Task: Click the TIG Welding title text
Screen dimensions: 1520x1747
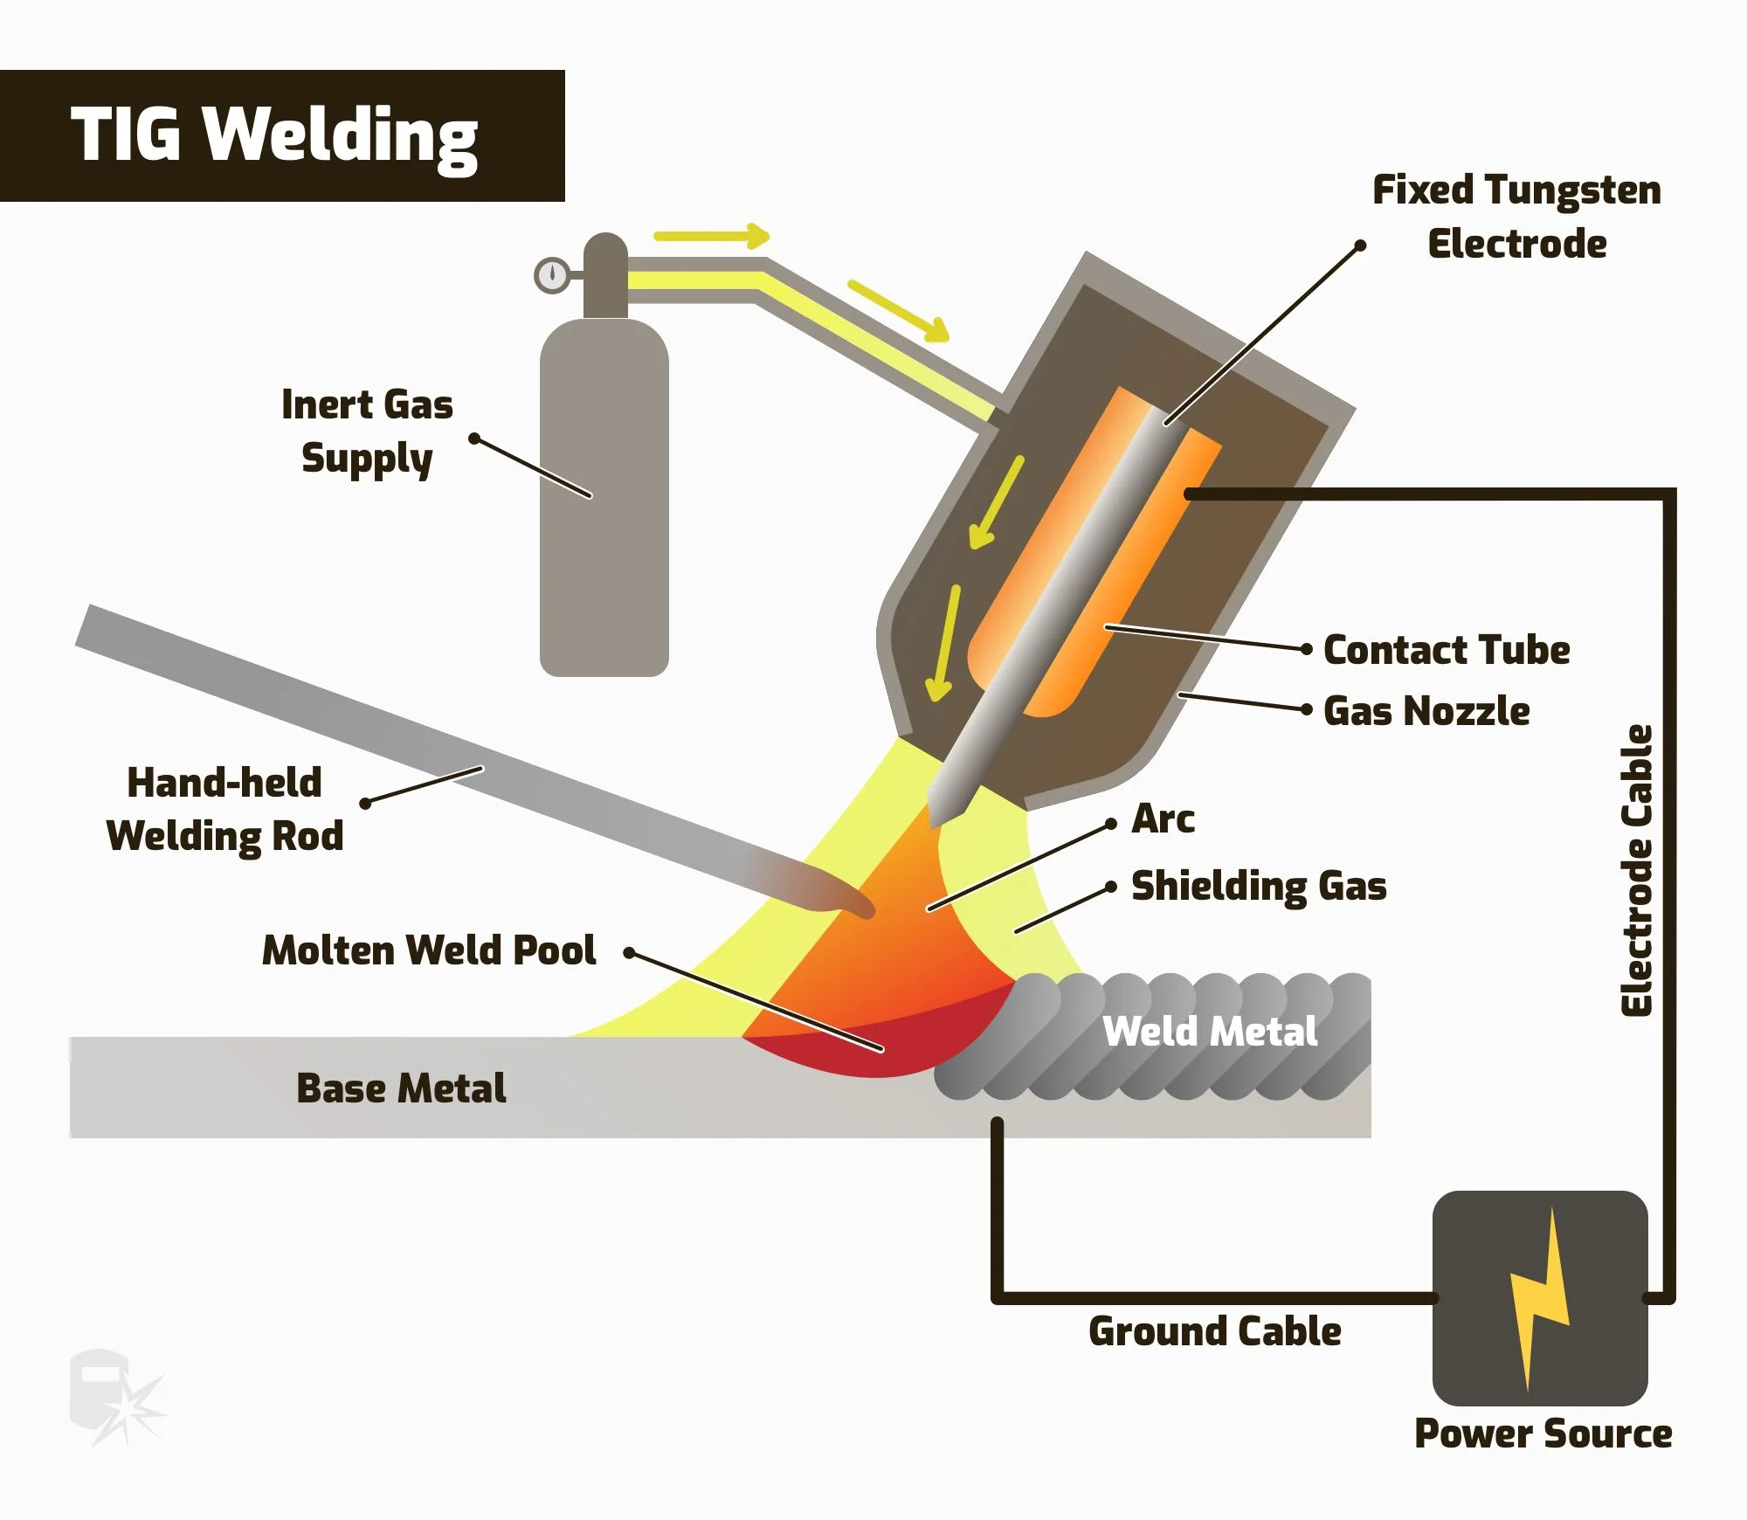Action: tap(274, 135)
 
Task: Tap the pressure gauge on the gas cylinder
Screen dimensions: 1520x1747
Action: tap(552, 275)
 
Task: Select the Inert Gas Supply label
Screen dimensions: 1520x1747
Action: tap(367, 432)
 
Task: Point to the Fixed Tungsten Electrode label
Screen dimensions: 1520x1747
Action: tap(1516, 217)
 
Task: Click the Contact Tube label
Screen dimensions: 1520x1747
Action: tap(1447, 650)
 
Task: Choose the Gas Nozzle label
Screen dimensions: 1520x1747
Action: tap(1426, 711)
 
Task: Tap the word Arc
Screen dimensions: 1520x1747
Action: tap(1163, 819)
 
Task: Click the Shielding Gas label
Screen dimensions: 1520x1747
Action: tap(1259, 886)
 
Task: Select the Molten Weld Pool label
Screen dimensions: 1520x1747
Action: tap(429, 950)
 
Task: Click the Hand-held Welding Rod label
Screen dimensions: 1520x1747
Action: tap(224, 810)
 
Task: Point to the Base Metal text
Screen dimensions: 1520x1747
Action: tap(401, 1088)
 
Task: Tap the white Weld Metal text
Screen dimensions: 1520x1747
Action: tap(1210, 1032)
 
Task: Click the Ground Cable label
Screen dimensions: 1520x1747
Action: tap(1214, 1331)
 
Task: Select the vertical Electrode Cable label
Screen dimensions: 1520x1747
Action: tap(1637, 870)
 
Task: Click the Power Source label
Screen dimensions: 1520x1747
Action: tap(1543, 1434)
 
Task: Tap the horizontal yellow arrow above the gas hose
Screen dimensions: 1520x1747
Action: tap(711, 236)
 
